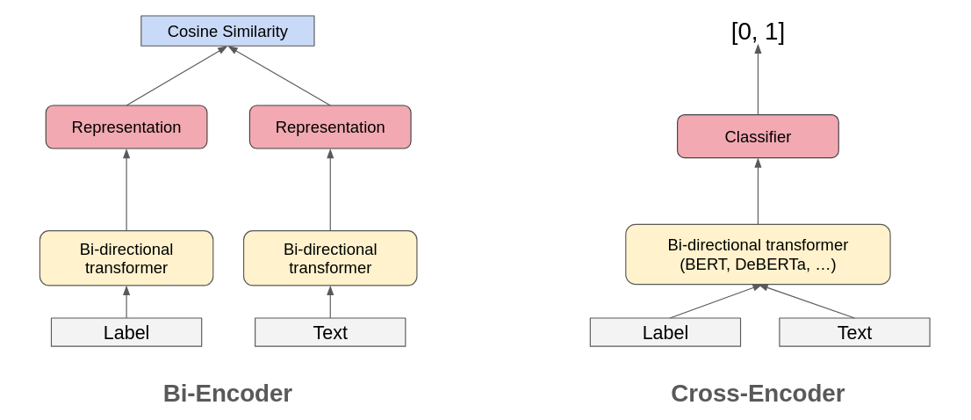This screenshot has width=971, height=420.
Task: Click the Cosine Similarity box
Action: (227, 31)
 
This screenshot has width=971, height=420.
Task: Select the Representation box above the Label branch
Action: (126, 127)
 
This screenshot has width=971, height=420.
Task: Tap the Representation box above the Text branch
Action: (330, 127)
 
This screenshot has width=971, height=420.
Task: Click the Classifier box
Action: (758, 137)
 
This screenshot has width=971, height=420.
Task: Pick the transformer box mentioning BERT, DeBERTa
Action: (758, 254)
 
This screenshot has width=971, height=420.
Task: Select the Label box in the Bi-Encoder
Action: (126, 332)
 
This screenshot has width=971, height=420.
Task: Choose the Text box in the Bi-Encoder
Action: (330, 332)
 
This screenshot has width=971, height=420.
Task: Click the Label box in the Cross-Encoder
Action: (665, 332)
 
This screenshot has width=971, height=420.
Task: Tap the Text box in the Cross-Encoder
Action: (854, 332)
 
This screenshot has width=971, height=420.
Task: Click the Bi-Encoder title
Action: (227, 393)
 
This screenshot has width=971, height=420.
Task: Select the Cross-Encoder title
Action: (758, 393)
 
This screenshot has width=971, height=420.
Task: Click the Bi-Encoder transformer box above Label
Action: (126, 258)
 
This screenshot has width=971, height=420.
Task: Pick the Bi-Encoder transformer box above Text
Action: (330, 258)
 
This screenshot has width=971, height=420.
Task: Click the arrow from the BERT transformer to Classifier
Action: (758, 192)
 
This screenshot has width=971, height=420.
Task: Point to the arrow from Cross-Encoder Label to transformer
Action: (713, 302)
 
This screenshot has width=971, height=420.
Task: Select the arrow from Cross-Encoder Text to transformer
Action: (808, 302)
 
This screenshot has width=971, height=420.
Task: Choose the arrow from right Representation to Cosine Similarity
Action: (280, 76)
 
